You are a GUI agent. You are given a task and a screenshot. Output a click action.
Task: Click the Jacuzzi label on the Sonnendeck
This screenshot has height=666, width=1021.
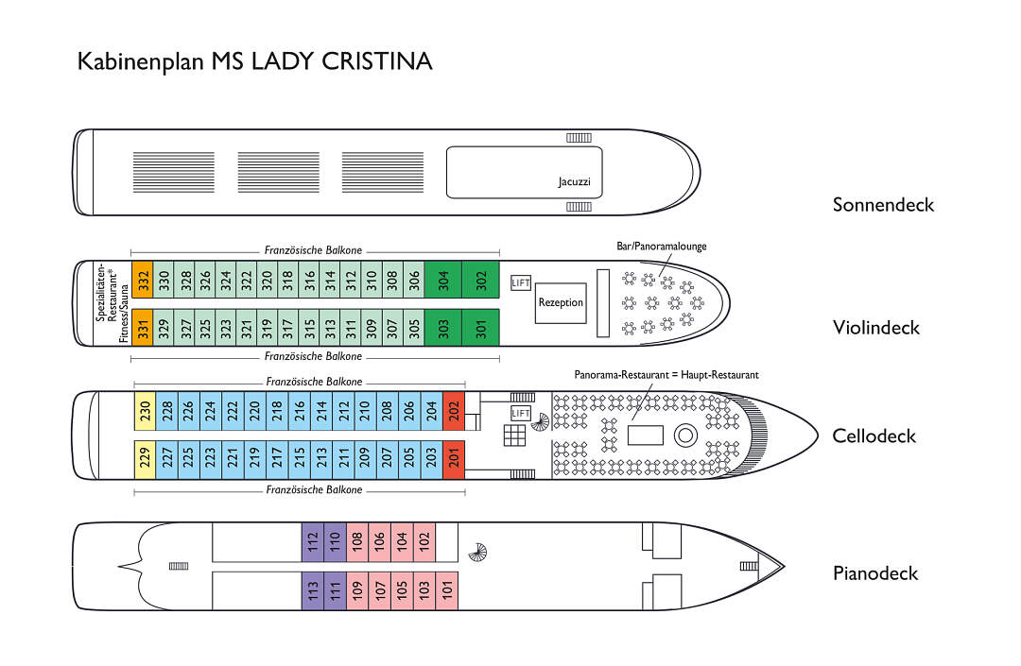pyautogui.click(x=574, y=181)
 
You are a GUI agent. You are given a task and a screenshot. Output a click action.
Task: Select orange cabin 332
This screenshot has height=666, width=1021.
pyautogui.click(x=142, y=281)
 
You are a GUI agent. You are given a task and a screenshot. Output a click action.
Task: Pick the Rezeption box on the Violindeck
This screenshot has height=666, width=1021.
pyautogui.click(x=561, y=303)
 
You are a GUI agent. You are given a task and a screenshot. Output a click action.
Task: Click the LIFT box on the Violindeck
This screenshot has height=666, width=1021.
pyautogui.click(x=520, y=283)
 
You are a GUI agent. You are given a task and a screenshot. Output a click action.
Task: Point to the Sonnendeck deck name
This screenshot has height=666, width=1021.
pyautogui.click(x=882, y=205)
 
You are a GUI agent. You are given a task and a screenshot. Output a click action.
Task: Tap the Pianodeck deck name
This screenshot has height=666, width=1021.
pyautogui.click(x=874, y=573)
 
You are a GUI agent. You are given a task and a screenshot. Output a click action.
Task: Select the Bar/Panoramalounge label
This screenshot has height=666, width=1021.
pyautogui.click(x=662, y=247)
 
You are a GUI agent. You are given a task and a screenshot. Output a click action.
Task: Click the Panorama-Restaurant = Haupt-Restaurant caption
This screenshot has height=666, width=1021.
pyautogui.click(x=666, y=375)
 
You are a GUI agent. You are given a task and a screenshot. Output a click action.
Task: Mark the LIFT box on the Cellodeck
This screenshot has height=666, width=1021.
pyautogui.click(x=520, y=413)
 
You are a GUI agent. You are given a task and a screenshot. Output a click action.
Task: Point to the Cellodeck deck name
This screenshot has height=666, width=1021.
pyautogui.click(x=874, y=436)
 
